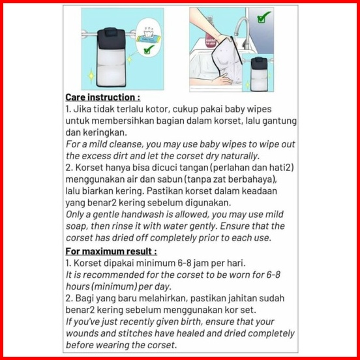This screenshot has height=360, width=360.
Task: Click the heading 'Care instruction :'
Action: click(x=102, y=97)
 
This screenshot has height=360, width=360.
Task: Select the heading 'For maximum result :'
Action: click(x=111, y=251)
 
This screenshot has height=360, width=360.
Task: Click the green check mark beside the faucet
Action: click(x=263, y=17)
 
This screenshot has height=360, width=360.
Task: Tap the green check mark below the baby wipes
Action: click(x=149, y=50)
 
